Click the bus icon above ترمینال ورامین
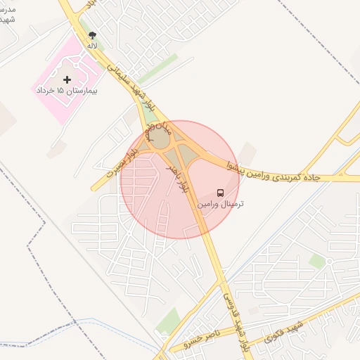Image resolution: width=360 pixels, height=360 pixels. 221,192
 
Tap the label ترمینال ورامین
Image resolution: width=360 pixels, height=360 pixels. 221,204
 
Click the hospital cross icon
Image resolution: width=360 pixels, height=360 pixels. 67,79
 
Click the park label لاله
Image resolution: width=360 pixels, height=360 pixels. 92,46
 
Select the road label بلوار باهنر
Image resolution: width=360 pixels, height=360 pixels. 177,178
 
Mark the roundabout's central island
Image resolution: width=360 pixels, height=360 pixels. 160,139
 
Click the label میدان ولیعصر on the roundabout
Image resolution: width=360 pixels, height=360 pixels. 157,131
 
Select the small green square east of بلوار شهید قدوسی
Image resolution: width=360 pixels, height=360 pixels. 317,261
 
